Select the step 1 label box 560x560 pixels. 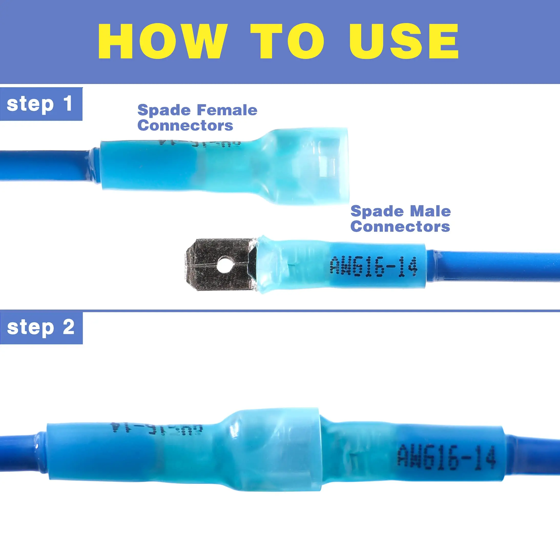(41, 104)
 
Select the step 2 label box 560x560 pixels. (41, 328)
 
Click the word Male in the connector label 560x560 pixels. (430, 211)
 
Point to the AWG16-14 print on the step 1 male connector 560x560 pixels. (374, 266)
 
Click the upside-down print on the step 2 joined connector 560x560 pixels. (157, 428)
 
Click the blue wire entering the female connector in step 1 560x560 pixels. (44, 165)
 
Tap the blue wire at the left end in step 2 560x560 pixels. (17, 452)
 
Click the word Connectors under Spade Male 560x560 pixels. (400, 226)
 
